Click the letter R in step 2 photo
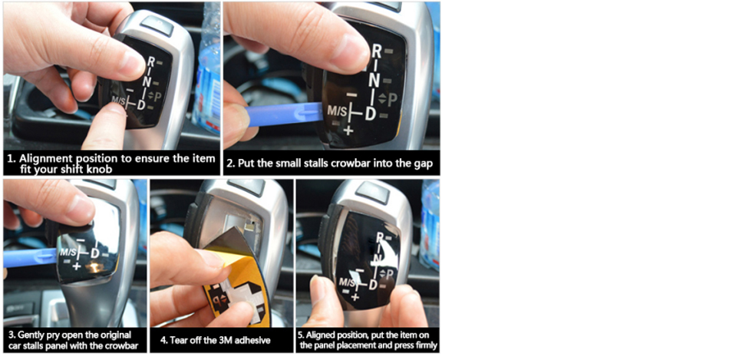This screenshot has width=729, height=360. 376,51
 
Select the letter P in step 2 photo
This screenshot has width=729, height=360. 392,100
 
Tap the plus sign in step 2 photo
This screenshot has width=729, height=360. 348,130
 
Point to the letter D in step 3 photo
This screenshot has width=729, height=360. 95,253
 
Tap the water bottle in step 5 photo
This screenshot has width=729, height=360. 430,223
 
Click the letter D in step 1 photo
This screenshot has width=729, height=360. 141,105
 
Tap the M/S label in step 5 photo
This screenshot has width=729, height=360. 348,282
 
